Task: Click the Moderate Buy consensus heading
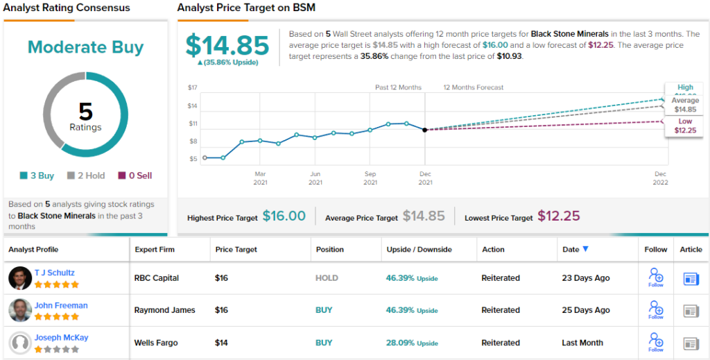(x=85, y=48)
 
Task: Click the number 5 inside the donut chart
(x=85, y=112)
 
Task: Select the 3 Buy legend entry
(x=37, y=175)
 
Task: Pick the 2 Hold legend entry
(x=86, y=175)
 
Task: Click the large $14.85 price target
(x=227, y=46)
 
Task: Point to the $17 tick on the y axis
(x=193, y=87)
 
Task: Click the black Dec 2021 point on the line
(x=425, y=130)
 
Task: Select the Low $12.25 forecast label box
(x=685, y=126)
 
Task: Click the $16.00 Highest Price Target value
(x=284, y=216)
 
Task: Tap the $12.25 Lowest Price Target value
(x=558, y=216)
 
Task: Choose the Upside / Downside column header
(x=419, y=249)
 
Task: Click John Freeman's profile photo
(x=20, y=310)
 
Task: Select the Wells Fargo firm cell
(x=156, y=343)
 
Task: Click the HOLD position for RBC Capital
(x=327, y=278)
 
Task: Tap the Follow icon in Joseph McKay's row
(x=655, y=341)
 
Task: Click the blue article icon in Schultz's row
(x=691, y=278)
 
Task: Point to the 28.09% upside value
(x=400, y=343)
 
